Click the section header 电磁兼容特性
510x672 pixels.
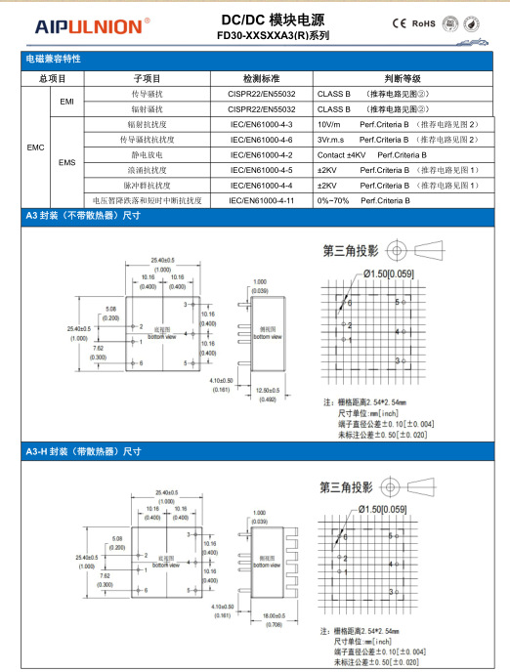pyautogui.click(x=53, y=60)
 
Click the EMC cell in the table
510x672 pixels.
pyautogui.click(x=35, y=147)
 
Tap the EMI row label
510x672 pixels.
pyautogui.click(x=67, y=103)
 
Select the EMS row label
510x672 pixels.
pyautogui.click(x=67, y=162)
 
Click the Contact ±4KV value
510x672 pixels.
pyautogui.click(x=341, y=155)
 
